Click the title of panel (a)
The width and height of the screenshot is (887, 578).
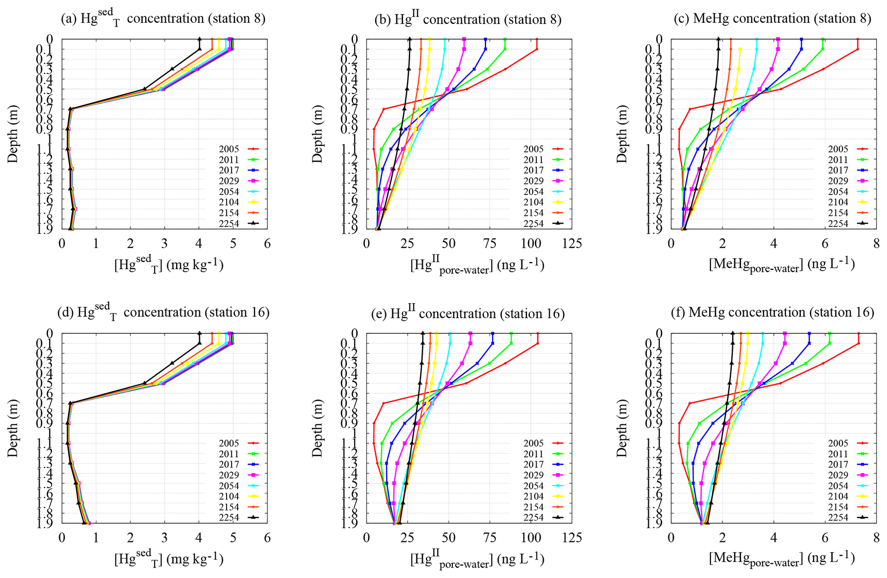(x=163, y=19)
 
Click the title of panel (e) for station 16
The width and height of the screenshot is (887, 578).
(x=468, y=313)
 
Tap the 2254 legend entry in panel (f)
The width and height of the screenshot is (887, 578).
(x=847, y=517)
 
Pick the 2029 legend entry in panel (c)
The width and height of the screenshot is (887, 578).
(x=847, y=181)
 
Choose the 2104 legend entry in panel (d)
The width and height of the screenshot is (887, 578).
(x=238, y=496)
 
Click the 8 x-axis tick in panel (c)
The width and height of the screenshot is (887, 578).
(x=876, y=244)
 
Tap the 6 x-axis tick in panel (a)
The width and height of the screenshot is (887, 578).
(x=267, y=244)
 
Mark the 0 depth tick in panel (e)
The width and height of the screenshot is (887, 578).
(x=355, y=333)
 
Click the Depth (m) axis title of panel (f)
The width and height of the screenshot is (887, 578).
(x=622, y=428)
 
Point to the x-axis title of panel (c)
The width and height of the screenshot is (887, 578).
(x=781, y=265)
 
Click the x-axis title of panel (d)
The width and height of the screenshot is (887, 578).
(x=169, y=559)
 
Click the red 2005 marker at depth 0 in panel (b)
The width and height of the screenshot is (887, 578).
(x=537, y=39)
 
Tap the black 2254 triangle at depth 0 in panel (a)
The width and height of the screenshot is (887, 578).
(x=200, y=39)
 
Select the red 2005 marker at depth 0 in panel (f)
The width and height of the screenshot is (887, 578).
(x=858, y=333)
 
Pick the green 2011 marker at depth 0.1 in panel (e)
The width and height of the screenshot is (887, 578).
(x=512, y=343)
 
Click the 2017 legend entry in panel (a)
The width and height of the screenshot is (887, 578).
(x=238, y=170)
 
